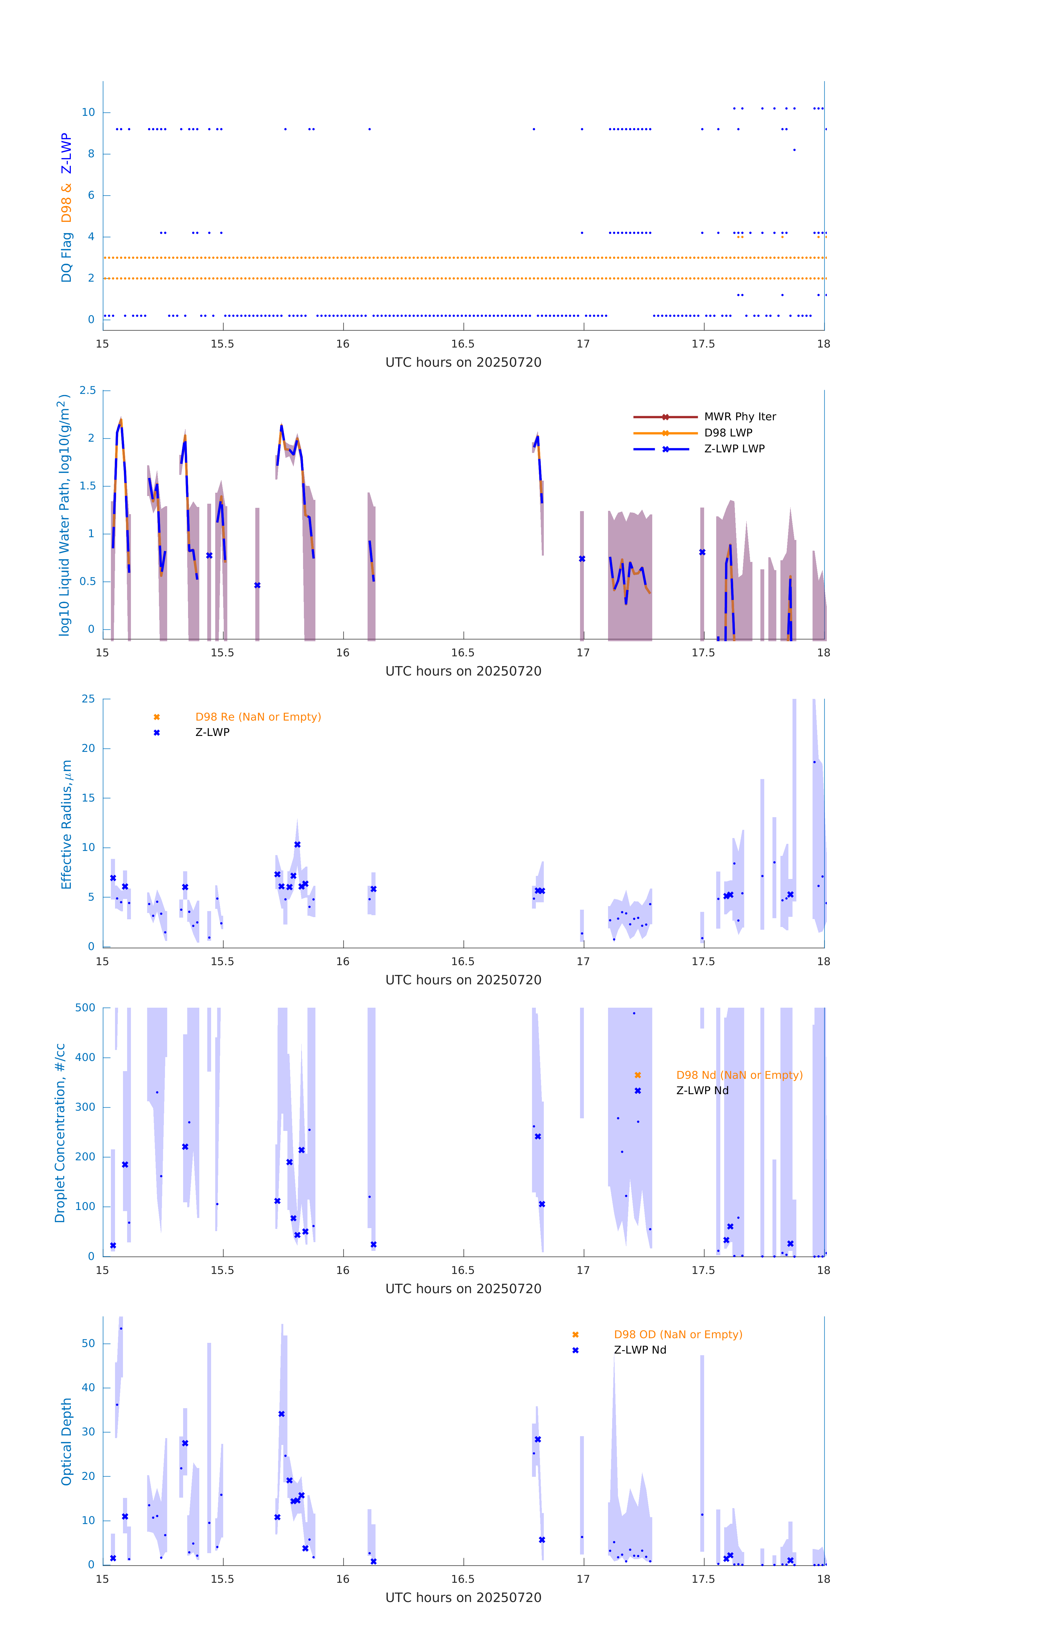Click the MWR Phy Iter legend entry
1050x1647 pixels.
pos(740,416)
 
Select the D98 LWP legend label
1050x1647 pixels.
pos(728,433)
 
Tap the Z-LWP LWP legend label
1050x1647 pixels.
pos(734,449)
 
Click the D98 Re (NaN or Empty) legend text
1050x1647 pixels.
pos(258,717)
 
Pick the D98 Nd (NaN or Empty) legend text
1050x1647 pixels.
pos(739,1075)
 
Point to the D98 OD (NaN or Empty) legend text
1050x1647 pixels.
pos(677,1334)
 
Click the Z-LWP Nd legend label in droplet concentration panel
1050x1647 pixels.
pos(702,1091)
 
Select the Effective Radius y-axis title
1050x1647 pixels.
pos(66,824)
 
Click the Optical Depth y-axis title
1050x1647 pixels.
pos(66,1441)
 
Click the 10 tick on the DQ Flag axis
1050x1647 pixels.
pos(88,112)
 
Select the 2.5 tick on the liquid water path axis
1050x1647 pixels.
pos(88,391)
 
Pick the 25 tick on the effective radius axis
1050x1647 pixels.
pos(88,699)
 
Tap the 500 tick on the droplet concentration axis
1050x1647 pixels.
pos(85,1007)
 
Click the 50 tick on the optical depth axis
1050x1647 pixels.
pos(88,1343)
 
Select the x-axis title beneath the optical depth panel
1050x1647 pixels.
pos(463,1598)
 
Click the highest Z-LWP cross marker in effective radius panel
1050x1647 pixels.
pos(298,845)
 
